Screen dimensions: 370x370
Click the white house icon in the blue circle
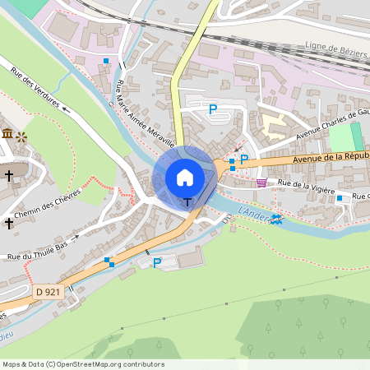[x=185, y=177]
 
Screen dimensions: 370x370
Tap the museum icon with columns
[x=7, y=133]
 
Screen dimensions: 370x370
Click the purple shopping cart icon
[x=261, y=183]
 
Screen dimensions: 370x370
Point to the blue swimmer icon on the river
[x=278, y=219]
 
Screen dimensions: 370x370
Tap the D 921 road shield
[x=49, y=291]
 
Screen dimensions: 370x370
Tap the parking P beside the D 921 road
[x=157, y=263]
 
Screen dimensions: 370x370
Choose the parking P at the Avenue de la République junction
[x=243, y=160]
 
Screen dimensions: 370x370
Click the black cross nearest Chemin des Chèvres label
[x=9, y=223]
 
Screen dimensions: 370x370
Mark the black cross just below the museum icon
[x=9, y=175]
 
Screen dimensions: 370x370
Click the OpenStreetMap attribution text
[x=83, y=363]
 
